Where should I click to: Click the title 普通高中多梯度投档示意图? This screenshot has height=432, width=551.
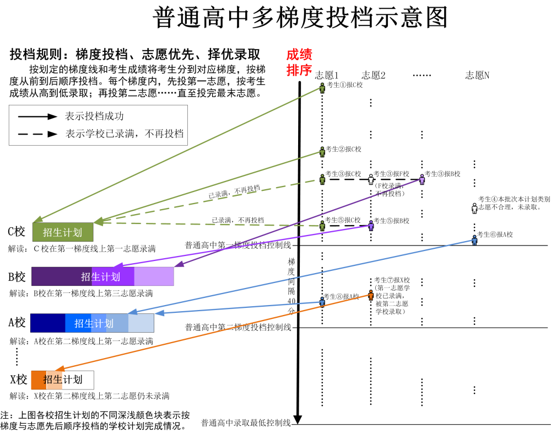tap(300, 18)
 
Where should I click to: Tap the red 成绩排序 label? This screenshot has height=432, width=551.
tap(299, 62)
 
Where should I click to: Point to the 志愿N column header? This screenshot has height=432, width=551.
tap(477, 76)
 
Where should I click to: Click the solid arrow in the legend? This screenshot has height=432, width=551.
tap(37, 116)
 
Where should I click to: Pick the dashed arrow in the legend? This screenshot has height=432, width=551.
tap(37, 134)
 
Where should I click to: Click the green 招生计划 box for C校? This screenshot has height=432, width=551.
tap(63, 232)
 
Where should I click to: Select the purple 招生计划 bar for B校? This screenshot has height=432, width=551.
tap(102, 276)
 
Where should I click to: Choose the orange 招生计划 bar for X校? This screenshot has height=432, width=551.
tap(62, 380)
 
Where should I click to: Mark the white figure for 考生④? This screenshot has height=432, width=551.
tap(474, 207)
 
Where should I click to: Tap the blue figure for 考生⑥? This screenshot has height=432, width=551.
tap(474, 239)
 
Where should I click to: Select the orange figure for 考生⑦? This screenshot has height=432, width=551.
tap(371, 295)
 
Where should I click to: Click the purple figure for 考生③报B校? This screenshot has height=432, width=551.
tap(422, 179)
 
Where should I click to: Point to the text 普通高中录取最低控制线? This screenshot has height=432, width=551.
tap(246, 423)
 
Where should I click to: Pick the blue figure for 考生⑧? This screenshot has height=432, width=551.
tap(322, 301)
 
